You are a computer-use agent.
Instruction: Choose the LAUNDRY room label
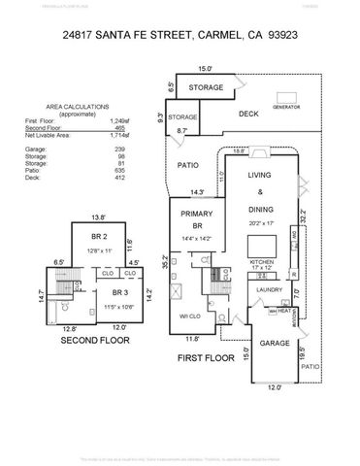pos(269,289)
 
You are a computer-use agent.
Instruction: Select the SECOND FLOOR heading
pos(95,341)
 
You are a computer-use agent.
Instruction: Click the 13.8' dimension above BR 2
pos(97,217)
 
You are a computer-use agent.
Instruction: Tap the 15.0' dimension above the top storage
pos(204,69)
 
